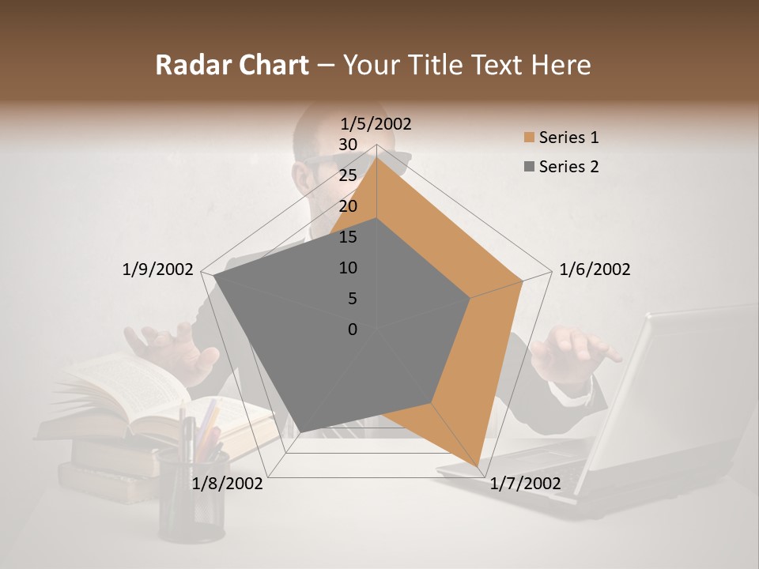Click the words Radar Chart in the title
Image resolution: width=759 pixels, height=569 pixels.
[x=232, y=65]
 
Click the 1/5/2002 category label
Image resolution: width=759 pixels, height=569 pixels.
[x=376, y=123]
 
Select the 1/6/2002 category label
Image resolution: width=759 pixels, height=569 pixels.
[x=595, y=269]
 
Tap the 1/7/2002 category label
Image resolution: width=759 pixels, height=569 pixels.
[x=525, y=483]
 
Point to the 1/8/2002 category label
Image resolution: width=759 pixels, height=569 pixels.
[x=228, y=483]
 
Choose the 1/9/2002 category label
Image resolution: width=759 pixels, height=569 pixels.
[x=157, y=269]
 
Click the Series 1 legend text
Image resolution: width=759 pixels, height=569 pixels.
[x=568, y=138]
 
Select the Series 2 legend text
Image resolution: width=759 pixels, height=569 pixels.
[x=568, y=167]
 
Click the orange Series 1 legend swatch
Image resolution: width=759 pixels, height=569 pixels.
[x=529, y=138]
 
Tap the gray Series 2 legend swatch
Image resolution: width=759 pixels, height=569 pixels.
[x=529, y=167]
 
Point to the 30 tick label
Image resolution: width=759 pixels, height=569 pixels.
[x=348, y=145]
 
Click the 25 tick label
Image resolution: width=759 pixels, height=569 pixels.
[x=348, y=175]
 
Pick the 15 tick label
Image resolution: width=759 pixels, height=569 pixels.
[x=348, y=237]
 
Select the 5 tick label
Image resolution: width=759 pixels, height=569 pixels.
[x=352, y=299]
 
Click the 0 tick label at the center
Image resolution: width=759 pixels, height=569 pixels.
[x=353, y=330]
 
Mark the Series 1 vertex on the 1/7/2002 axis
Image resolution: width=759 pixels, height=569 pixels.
[x=478, y=466]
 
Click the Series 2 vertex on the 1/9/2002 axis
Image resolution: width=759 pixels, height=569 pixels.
[x=213, y=276]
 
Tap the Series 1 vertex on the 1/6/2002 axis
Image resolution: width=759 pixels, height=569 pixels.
[x=523, y=281]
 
